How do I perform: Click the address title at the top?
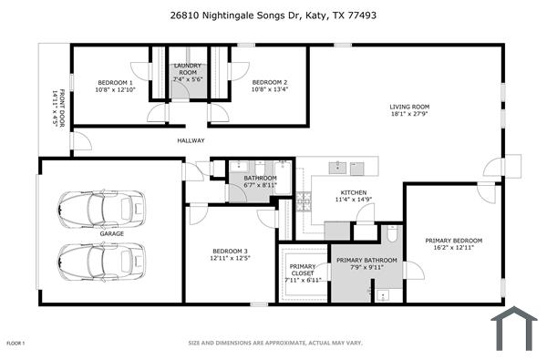click(x=273, y=15)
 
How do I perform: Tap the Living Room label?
click(x=409, y=110)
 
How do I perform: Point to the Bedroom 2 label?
click(x=269, y=86)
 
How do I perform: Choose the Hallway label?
click(x=191, y=140)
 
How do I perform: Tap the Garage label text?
click(x=112, y=233)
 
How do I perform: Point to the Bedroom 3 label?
click(x=230, y=254)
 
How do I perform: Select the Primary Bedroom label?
click(x=453, y=243)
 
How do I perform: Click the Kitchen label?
click(x=354, y=196)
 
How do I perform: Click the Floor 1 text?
click(x=15, y=343)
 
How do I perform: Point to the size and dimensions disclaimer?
click(x=275, y=343)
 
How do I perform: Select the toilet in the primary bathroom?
click(x=391, y=234)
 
